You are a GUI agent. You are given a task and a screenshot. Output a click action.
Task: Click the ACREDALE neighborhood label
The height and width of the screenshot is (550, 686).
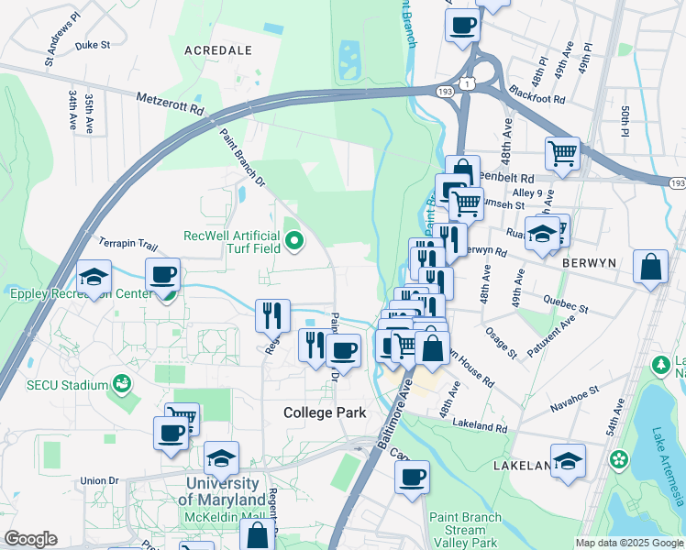coord(218,50)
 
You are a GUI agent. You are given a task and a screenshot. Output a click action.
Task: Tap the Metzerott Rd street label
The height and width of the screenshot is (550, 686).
coord(171,102)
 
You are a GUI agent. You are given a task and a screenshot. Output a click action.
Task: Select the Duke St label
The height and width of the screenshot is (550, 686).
coord(93,44)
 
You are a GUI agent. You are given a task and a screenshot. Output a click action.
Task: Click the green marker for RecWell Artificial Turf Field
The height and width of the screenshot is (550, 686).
coord(294,242)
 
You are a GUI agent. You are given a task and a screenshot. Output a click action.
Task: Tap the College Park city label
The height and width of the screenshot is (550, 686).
coord(325,412)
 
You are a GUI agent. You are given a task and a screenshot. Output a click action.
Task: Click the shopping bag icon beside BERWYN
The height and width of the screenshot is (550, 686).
coord(650,268)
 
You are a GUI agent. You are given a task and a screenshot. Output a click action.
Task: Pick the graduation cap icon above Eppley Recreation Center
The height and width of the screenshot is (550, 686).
coord(93,278)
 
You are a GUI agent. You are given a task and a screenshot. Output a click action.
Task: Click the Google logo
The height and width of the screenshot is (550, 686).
coord(30,539)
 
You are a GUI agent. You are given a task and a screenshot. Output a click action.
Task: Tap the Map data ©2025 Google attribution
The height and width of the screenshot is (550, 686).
coord(627,543)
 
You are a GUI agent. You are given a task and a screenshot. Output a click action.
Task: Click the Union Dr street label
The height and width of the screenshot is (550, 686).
coord(100,480)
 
